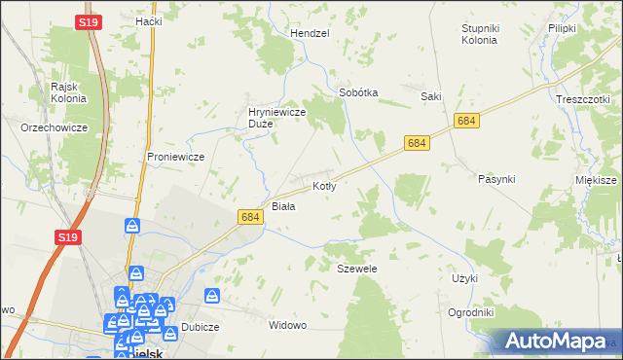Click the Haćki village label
tap(148, 20)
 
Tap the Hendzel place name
tap(310, 32)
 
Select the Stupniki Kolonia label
tap(479, 34)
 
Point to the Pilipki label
tap(563, 28)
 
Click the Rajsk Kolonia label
tap(69, 91)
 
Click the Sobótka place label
tap(357, 92)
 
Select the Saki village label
tap(431, 96)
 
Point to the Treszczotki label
tap(582, 99)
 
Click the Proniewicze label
tap(174, 156)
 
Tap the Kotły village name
tap(324, 185)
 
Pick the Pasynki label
tap(496, 179)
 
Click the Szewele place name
tap(356, 268)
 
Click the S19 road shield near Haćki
tap(88, 19)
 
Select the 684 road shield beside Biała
tap(249, 218)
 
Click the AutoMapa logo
tap(555, 341)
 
